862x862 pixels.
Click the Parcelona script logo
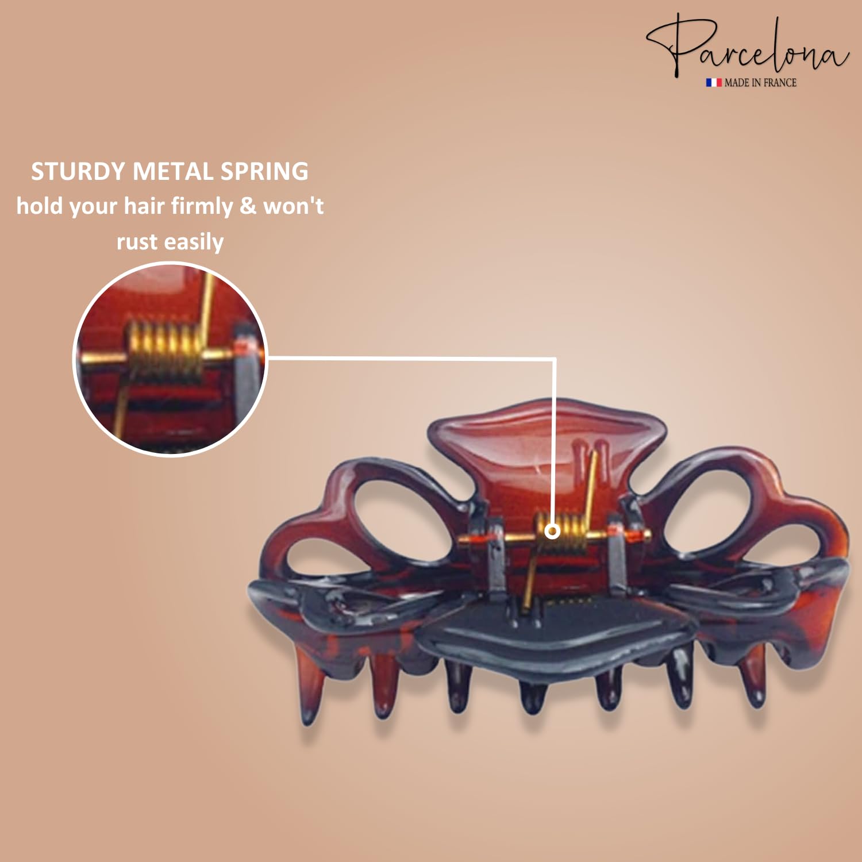point(747,46)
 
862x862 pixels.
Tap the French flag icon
point(714,83)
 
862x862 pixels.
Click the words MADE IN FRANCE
point(760,83)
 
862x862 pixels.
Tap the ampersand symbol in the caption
point(248,206)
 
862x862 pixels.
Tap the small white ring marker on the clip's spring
point(552,530)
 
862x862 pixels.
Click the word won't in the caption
point(294,206)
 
